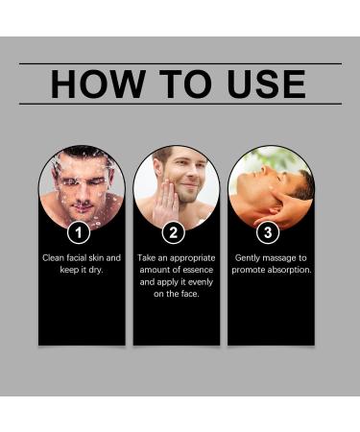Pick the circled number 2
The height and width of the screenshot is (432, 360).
(175, 232)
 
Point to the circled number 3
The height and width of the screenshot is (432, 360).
(269, 232)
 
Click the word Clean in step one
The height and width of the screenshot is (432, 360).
(55, 258)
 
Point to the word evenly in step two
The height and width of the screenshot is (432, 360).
(199, 281)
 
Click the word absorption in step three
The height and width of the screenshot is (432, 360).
(285, 270)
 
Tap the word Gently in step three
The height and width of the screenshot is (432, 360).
(252, 258)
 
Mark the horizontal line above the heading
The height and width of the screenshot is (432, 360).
(180, 63)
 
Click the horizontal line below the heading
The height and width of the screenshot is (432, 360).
(180, 104)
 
